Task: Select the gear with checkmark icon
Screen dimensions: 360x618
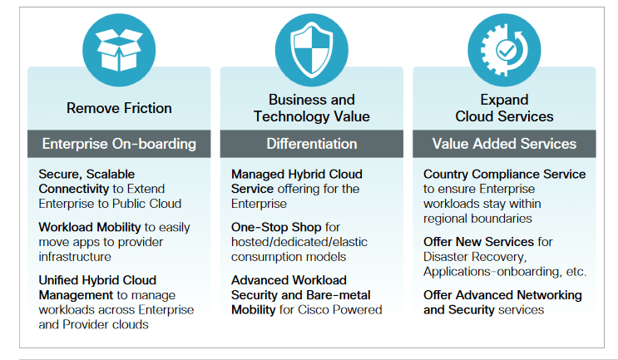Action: pyautogui.click(x=503, y=49)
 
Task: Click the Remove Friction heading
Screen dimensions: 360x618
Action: pyautogui.click(x=119, y=108)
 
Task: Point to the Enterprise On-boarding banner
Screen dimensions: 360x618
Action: pyautogui.click(x=119, y=144)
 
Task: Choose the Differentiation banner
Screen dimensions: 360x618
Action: pyautogui.click(x=311, y=144)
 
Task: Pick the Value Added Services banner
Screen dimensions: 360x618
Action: pyautogui.click(x=504, y=144)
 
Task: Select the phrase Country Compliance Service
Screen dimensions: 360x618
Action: pyautogui.click(x=504, y=174)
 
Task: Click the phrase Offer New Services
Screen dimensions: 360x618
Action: pyautogui.click(x=477, y=242)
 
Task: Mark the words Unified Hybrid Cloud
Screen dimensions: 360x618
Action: pyautogui.click(x=97, y=279)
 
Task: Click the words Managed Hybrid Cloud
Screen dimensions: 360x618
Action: pyautogui.click(x=297, y=174)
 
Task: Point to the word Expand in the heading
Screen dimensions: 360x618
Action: pyautogui.click(x=504, y=100)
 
